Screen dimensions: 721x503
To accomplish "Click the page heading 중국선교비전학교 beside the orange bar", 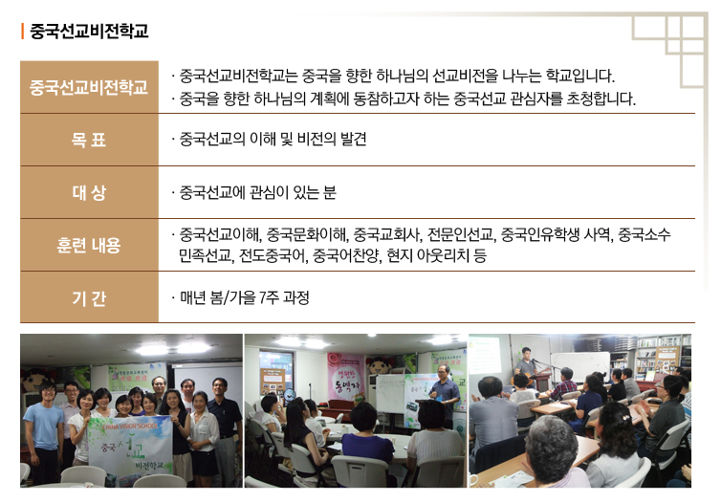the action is (89, 32).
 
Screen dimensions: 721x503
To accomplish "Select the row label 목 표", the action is (89, 140).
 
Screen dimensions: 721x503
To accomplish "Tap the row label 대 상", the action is (89, 192).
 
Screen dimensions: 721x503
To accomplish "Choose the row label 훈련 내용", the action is (89, 245).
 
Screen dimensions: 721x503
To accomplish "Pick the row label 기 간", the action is (89, 298).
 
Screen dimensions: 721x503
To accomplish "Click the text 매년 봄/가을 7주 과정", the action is (244, 297).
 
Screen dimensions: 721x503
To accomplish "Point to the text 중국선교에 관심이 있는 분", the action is (257, 192).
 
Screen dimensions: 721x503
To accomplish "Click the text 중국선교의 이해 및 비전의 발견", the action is (273, 139).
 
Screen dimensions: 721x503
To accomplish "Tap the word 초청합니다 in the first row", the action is (601, 98).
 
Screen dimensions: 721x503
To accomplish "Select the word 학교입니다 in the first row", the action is (579, 76).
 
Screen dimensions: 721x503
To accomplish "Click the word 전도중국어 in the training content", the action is (273, 255).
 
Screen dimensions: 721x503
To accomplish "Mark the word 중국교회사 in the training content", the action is (387, 235).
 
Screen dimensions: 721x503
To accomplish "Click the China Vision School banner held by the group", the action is (130, 445).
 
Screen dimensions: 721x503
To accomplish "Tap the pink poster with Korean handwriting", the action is (346, 376).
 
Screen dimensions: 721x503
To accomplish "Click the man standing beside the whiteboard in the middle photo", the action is (445, 395).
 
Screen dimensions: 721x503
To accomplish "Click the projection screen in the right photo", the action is (485, 355).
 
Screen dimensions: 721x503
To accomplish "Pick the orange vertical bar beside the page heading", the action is (22, 32).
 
